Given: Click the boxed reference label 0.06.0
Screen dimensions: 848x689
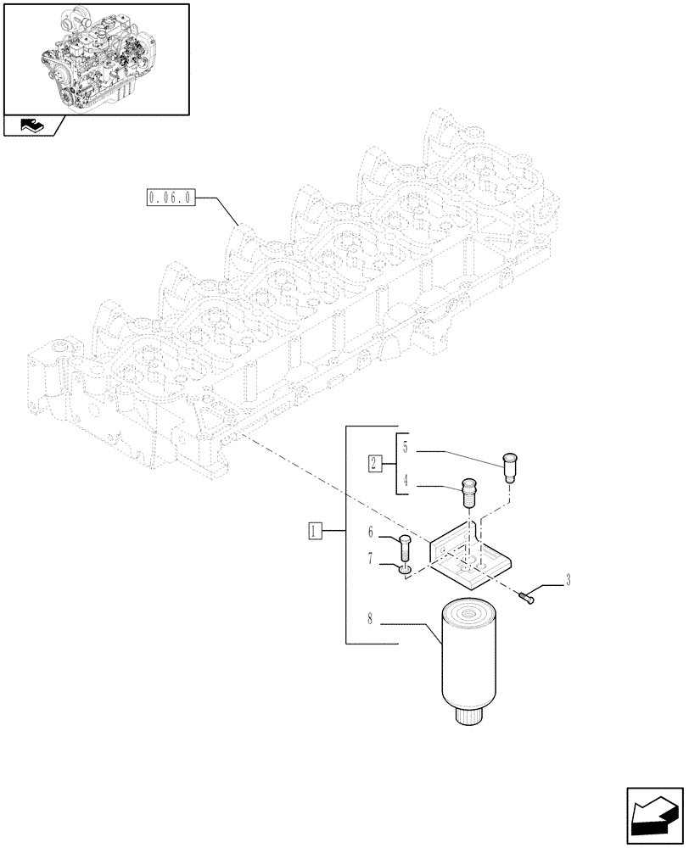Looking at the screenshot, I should pos(171,199).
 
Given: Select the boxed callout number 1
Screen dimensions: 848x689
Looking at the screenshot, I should pos(314,532).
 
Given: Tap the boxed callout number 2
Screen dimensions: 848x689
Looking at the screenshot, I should pos(374,463).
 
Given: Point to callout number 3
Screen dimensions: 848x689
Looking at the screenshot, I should pos(568,581).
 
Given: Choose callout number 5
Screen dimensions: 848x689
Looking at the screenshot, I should pos(406,447).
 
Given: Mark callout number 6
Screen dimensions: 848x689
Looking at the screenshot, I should pos(371,533).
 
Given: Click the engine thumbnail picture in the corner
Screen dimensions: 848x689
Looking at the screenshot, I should pos(96,59).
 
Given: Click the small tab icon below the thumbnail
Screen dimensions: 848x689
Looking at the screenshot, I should pos(32,126).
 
